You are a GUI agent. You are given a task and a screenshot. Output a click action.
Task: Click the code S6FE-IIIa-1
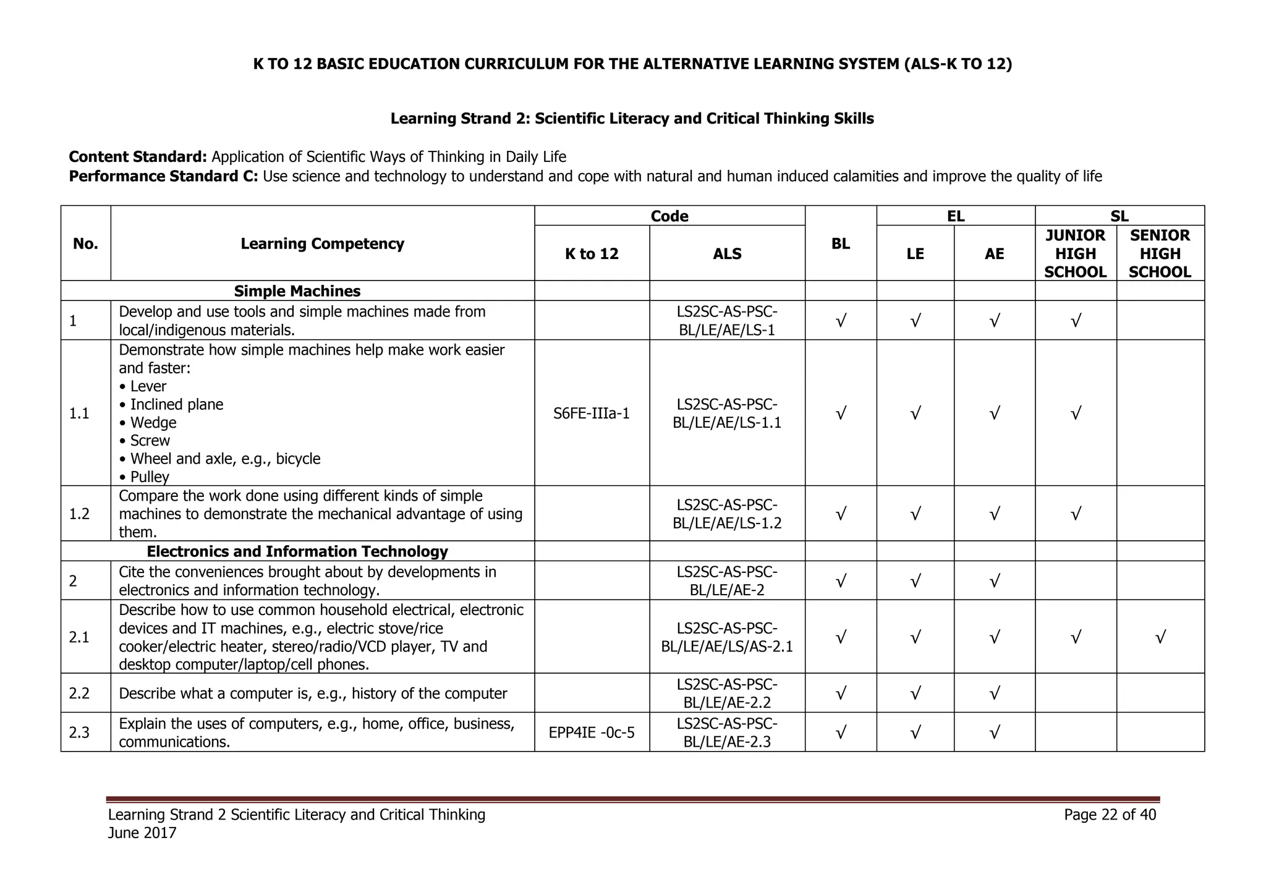pyautogui.click(x=592, y=414)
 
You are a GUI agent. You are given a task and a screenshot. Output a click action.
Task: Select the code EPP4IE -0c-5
pyautogui.click(x=592, y=733)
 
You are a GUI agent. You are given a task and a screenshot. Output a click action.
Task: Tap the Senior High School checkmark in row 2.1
pyautogui.click(x=1160, y=637)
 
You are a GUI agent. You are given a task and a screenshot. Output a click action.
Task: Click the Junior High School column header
pyautogui.click(x=1075, y=253)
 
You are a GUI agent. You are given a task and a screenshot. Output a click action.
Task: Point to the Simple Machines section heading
pyautogui.click(x=297, y=291)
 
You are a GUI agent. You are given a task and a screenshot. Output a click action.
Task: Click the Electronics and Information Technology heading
pyautogui.click(x=297, y=551)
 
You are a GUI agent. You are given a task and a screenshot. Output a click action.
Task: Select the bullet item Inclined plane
pyautogui.click(x=176, y=405)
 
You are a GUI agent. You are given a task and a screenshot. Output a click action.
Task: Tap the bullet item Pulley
pyautogui.click(x=149, y=477)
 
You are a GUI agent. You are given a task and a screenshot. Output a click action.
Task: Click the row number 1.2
pyautogui.click(x=80, y=514)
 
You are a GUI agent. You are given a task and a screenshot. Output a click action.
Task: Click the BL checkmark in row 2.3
pyautogui.click(x=840, y=733)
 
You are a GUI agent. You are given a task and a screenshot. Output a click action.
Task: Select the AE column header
pyautogui.click(x=994, y=254)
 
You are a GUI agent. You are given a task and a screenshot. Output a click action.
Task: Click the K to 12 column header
pyautogui.click(x=592, y=254)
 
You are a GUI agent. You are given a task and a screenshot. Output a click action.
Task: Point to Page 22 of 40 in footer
pyautogui.click(x=1110, y=815)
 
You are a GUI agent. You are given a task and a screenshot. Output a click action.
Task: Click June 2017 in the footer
pyautogui.click(x=142, y=833)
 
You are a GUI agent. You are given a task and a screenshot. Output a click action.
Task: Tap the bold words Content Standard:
pyautogui.click(x=138, y=157)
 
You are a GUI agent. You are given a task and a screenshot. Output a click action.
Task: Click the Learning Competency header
pyautogui.click(x=322, y=244)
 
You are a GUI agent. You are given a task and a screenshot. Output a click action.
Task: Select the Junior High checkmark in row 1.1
pyautogui.click(x=1075, y=414)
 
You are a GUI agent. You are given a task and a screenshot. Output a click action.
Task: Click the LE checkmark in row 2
pyautogui.click(x=915, y=581)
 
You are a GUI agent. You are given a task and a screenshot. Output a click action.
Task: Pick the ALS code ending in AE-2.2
pyautogui.click(x=727, y=694)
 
